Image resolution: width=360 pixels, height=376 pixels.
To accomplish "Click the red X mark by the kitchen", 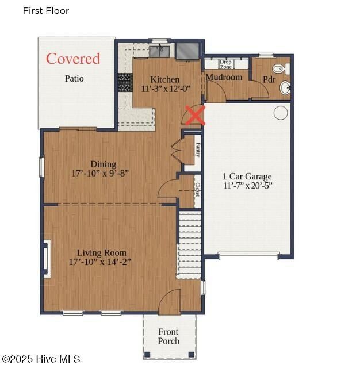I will coord(196,116).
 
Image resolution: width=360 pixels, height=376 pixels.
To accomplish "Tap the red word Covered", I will coord(73,59).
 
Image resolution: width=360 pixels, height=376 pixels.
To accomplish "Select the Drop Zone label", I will coord(225,64).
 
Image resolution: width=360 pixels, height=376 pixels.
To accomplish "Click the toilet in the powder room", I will coord(279,70).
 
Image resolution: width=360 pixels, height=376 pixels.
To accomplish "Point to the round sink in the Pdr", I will coord(285,88).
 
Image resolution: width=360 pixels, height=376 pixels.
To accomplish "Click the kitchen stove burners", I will coord(125,82).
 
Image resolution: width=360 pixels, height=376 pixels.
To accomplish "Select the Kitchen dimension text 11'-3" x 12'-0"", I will coord(166,89).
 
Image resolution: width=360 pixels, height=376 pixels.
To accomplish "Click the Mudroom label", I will coord(224,77).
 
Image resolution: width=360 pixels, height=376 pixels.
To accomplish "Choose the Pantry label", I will coord(198,150).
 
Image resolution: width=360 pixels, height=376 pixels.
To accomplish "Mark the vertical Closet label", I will coord(198,190).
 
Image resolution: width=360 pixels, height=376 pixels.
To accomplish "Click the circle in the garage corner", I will coord(281,113).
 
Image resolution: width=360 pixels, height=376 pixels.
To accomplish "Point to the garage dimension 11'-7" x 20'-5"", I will coord(247,186).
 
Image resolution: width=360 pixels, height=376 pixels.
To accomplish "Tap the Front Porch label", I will coord(168,336).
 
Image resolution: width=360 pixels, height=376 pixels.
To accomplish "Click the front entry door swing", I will coord(170,302).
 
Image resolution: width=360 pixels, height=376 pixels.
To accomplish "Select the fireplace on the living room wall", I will coord(47,260).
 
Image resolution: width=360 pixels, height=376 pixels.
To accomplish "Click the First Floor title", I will coord(46,11).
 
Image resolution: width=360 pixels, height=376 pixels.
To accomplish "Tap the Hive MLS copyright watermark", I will coord(41,359).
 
